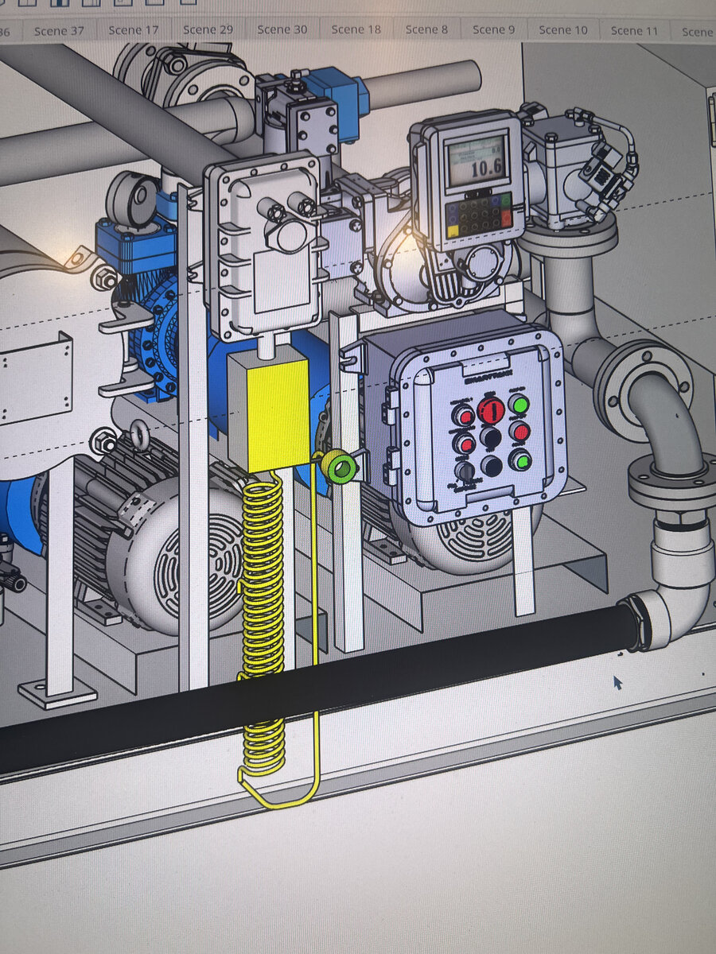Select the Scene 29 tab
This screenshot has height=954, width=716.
tap(208, 29)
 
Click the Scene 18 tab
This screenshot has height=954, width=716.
tap(356, 29)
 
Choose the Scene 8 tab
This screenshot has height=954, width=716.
tap(426, 29)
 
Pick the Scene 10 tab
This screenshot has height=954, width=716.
tap(563, 30)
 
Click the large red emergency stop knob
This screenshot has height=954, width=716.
tap(490, 410)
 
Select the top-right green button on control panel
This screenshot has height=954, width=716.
tap(519, 405)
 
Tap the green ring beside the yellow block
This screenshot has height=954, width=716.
tap(338, 467)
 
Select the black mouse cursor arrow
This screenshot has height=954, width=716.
tap(617, 682)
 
